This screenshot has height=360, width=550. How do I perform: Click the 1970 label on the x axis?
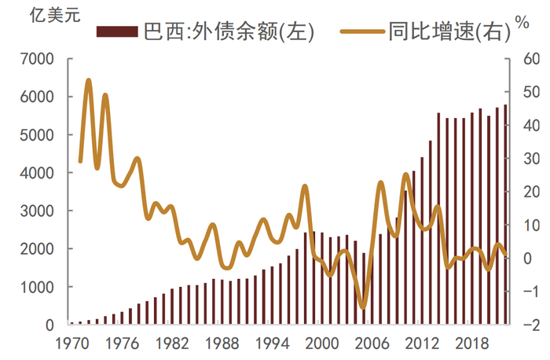pos(72,343)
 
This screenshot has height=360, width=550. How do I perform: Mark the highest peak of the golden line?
pos(88,80)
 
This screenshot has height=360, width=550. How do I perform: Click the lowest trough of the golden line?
pos(362,307)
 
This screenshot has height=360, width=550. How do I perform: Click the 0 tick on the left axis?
pos(47,325)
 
